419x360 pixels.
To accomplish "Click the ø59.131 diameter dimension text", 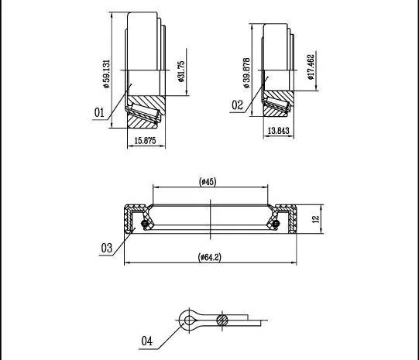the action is pos(107,74).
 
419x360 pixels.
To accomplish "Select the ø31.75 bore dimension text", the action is pos(181,71).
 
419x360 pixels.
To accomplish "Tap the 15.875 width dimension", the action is pos(145,140).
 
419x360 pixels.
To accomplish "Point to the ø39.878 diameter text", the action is pos(246,73).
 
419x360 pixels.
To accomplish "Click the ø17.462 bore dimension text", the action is pos(311,67).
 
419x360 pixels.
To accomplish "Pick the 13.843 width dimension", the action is pos(279,131).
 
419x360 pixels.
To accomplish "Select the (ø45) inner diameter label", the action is pos(208,182).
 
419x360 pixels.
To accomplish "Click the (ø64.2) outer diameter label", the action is pos(210,257).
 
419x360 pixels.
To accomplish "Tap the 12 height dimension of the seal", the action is pos(316,219).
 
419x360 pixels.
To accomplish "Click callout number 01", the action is pos(99,112).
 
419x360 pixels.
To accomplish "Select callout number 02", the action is pos(237,105).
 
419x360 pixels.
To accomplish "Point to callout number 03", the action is pos(107,248).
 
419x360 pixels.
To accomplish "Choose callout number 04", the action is pos(146,341).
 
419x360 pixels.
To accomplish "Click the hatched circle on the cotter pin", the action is pos(222,321).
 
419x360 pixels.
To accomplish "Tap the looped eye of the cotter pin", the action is pos(189,320).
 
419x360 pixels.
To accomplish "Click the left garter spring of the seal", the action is pos(145,223).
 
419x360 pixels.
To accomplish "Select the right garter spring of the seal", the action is pos(276,223).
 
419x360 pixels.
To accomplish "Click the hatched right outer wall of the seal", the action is pos(293,219).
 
